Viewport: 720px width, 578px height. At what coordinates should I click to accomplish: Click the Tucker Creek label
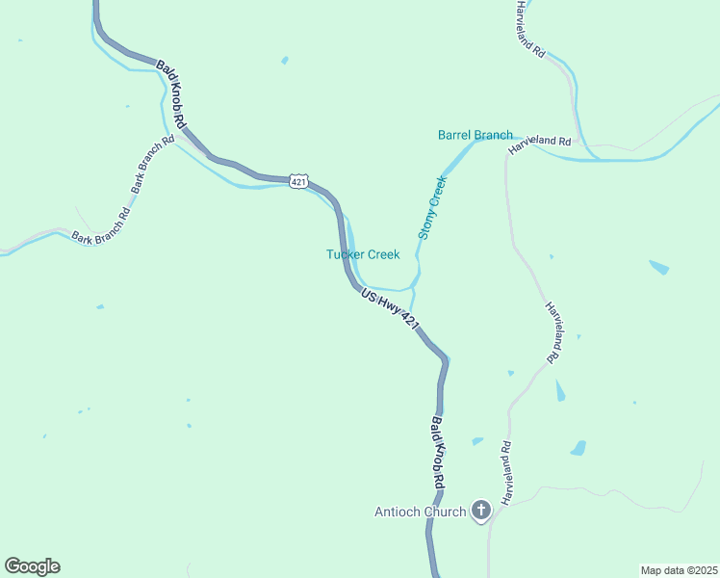pos(363,254)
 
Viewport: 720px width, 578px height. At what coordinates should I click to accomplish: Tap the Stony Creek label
pos(432,207)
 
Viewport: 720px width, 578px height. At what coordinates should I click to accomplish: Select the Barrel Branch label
pos(476,135)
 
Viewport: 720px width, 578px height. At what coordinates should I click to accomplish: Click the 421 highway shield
pos(298,181)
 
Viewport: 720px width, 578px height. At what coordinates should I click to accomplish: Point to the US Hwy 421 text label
pos(391,310)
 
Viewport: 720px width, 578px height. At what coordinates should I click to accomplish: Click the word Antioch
pos(398,512)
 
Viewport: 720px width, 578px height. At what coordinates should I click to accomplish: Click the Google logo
pos(32,566)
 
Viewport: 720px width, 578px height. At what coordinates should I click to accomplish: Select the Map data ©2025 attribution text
pos(679,570)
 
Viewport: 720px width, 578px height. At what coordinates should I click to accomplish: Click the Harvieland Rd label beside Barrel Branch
pos(540,141)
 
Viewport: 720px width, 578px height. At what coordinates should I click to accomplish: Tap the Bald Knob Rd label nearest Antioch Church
pos(437,451)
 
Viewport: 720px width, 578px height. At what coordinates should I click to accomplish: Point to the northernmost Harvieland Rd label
pos(529,29)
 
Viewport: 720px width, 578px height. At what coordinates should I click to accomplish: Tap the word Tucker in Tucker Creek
pos(345,254)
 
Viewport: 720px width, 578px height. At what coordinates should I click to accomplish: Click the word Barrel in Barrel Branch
pos(455,135)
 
